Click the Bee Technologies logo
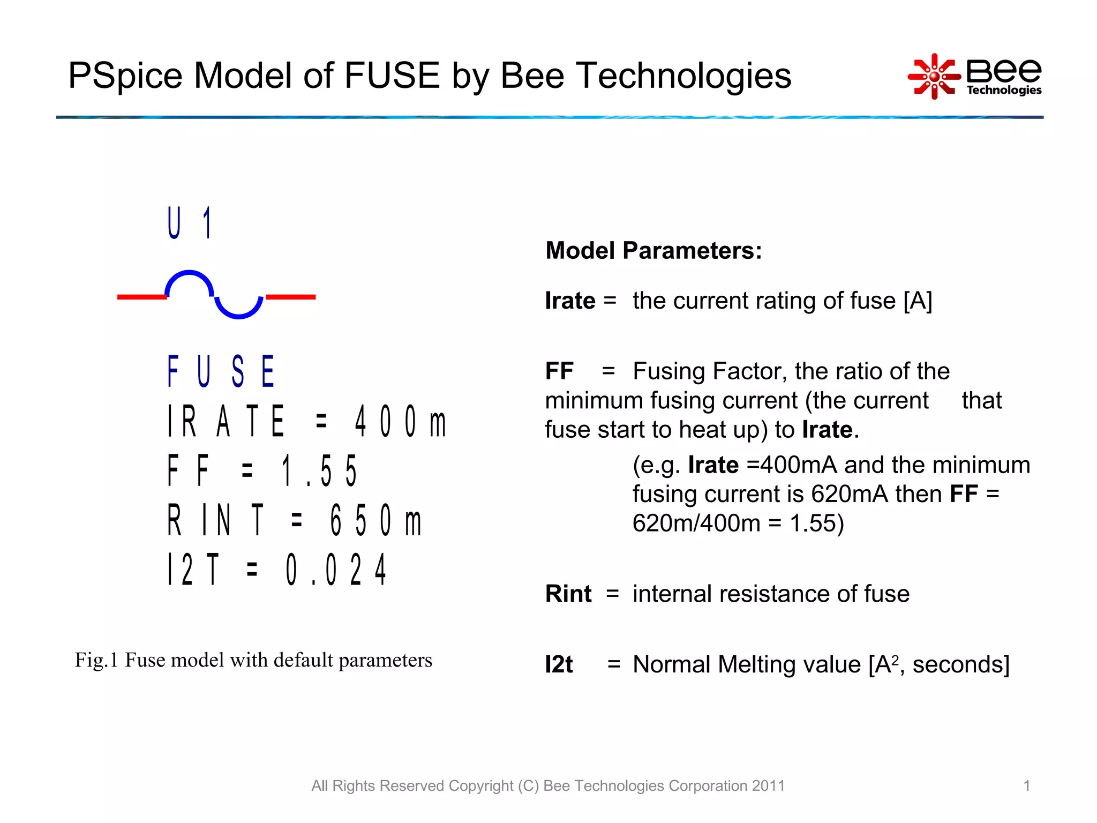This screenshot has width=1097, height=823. pyautogui.click(x=975, y=77)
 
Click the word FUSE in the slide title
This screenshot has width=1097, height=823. pyautogui.click(x=392, y=76)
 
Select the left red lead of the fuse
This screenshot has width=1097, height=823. pyautogui.click(x=141, y=297)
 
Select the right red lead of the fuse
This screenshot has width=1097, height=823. pyautogui.click(x=291, y=297)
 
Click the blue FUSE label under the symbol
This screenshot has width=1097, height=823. pyautogui.click(x=221, y=371)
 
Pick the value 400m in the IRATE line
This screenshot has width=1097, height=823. pyautogui.click(x=400, y=422)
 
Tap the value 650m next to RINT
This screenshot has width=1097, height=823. pyautogui.click(x=375, y=520)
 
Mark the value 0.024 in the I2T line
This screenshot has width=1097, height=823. pyautogui.click(x=336, y=570)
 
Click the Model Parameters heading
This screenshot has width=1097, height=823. pyautogui.click(x=653, y=251)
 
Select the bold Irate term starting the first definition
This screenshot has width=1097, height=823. pyautogui.click(x=570, y=301)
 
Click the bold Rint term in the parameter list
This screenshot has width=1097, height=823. pyautogui.click(x=568, y=594)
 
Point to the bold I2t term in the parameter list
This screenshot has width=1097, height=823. pyautogui.click(x=559, y=664)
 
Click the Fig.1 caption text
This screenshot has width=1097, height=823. pyautogui.click(x=253, y=660)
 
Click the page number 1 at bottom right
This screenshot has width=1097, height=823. pyautogui.click(x=1027, y=786)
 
